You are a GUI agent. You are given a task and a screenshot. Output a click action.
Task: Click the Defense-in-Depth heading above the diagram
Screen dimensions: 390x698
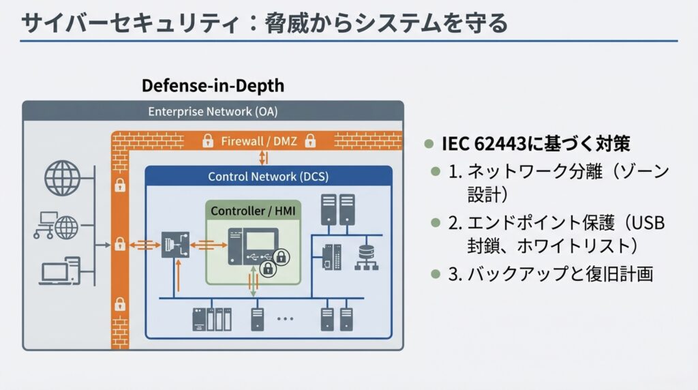213,87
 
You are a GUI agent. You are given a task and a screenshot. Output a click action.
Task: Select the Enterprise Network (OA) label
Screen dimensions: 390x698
213,111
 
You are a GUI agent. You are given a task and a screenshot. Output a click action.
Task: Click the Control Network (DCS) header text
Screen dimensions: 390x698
268,177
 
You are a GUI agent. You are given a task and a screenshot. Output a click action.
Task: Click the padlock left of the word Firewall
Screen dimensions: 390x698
204,142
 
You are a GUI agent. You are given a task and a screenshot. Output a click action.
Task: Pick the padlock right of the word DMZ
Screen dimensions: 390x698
310,142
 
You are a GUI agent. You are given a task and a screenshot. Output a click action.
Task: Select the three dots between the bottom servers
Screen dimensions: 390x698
284,318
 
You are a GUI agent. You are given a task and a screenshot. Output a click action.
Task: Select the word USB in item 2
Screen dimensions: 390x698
647,223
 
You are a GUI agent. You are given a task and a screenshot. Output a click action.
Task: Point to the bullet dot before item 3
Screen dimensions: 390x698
436,274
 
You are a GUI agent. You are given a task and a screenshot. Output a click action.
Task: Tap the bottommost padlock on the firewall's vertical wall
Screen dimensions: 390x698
120,304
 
